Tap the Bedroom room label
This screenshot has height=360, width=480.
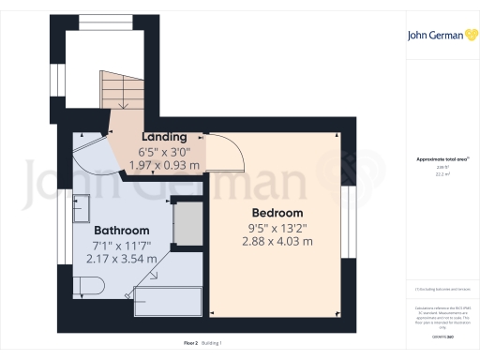[276, 213]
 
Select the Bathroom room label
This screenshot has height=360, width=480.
[121, 231]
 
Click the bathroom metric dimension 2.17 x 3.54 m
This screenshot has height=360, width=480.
[121, 259]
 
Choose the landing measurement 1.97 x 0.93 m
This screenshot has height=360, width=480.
[164, 165]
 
